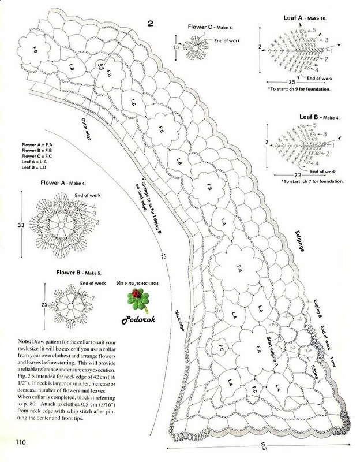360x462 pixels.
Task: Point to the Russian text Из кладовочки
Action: tap(137, 283)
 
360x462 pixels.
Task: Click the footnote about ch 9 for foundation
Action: tap(298, 90)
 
